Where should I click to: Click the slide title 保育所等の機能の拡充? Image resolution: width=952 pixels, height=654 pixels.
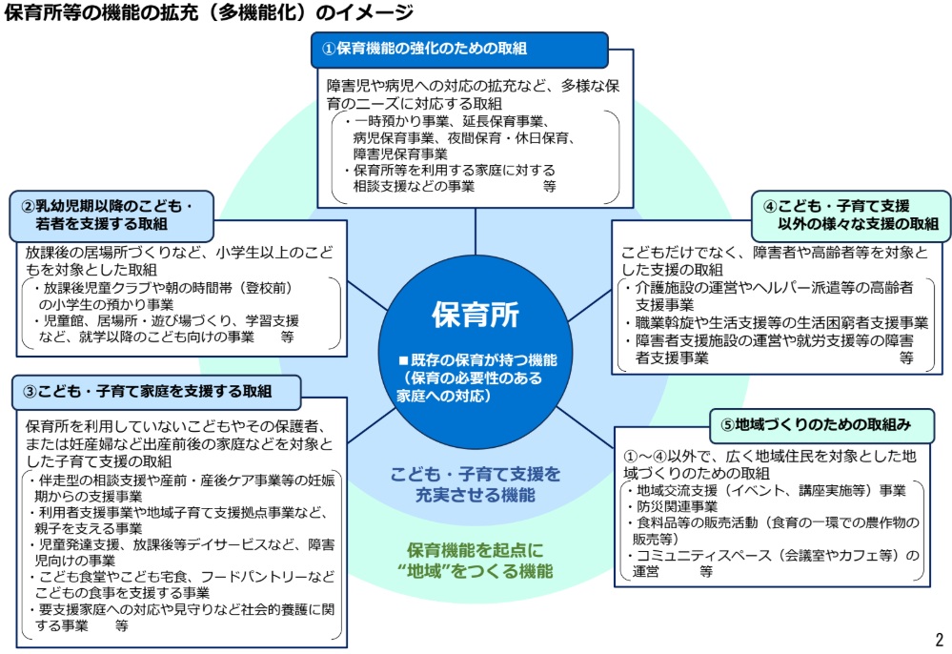tap(209, 13)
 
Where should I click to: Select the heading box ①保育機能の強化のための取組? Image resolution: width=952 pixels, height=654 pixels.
tap(459, 49)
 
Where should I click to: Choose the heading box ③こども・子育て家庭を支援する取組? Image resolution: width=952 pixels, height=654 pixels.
tap(156, 391)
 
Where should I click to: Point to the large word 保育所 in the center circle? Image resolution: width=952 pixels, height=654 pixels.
tap(476, 314)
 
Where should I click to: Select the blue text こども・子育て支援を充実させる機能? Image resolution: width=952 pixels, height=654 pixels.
tap(476, 484)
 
